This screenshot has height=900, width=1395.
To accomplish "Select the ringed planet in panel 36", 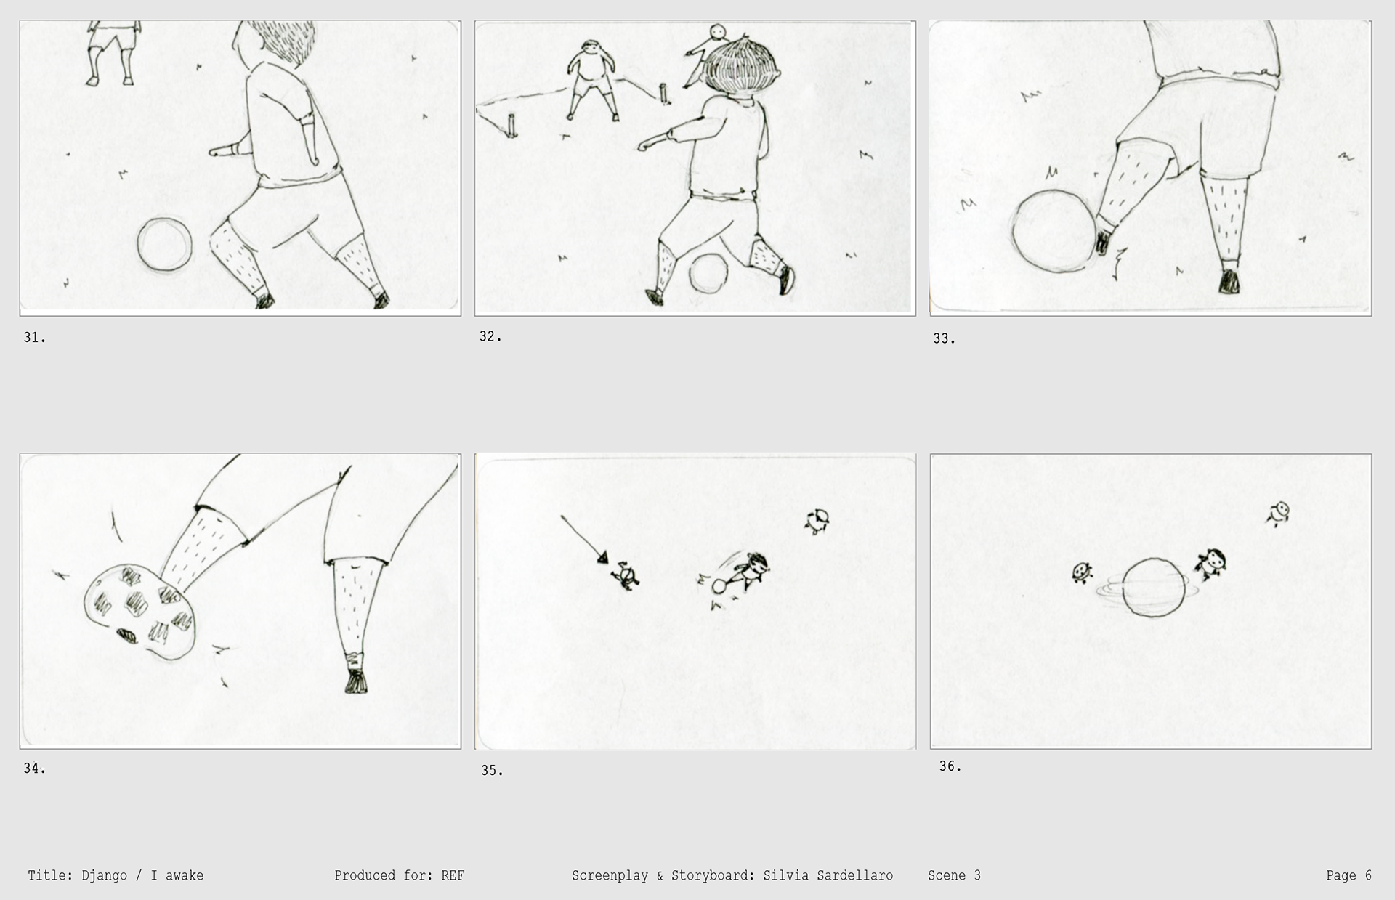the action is pos(1153,587).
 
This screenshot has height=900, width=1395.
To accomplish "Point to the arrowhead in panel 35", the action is pos(602,557).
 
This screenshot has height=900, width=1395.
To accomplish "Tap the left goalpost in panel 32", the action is pos(513,125).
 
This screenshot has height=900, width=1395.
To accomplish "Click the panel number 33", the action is pos(944,338).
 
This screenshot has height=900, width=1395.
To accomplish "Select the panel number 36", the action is pos(950,766).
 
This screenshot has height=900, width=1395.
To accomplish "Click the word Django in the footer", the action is pos(104,875).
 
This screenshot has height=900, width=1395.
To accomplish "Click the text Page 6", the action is pos(1348,875).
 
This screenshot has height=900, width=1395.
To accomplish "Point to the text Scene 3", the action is pos(954,875).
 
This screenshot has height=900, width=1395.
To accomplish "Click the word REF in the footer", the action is pos(453,875).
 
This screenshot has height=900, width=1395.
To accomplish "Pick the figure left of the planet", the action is pos(1082,572).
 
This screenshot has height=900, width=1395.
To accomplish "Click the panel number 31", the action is pos(34,338).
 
